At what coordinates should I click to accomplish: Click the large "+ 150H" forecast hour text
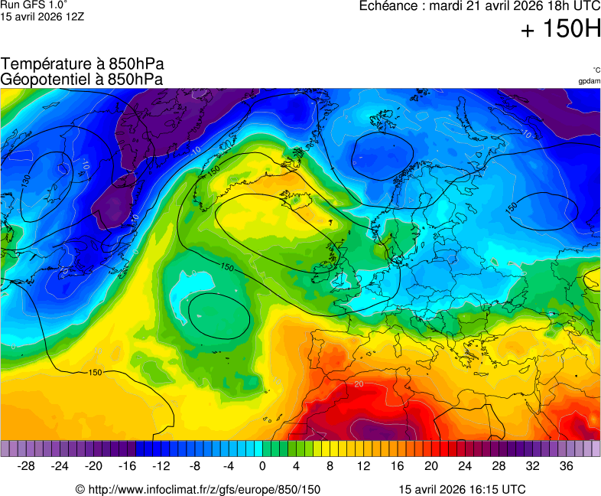(560, 30)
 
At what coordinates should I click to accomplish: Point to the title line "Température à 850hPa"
(83, 64)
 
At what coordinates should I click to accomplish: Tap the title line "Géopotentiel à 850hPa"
(83, 79)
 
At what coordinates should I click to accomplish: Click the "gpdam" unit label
(589, 81)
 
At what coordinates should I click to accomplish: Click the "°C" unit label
(596, 70)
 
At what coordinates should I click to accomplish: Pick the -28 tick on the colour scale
(26, 466)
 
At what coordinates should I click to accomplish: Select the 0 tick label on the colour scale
(262, 466)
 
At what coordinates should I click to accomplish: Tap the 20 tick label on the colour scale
(431, 466)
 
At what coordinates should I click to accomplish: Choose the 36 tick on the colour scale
(566, 466)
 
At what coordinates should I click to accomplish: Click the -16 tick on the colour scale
(127, 466)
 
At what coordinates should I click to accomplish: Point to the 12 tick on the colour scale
(364, 466)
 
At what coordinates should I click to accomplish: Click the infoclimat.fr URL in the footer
(198, 489)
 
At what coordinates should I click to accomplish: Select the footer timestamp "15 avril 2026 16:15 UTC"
(462, 489)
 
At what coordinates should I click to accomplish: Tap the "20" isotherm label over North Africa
(359, 383)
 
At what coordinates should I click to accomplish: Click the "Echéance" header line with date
(480, 6)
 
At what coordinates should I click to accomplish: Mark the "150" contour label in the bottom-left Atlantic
(96, 373)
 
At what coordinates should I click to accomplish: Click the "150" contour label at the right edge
(512, 207)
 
